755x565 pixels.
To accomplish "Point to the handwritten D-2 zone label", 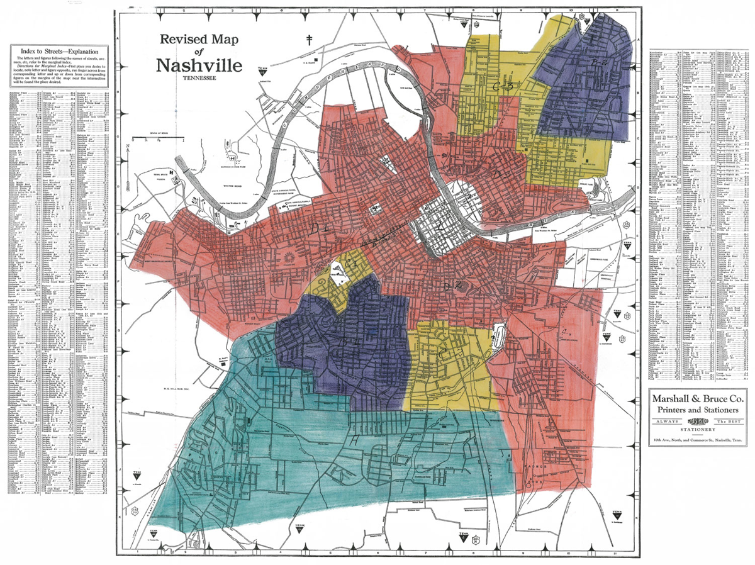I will tap(453, 286).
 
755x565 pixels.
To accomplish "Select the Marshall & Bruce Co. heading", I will tap(698, 399).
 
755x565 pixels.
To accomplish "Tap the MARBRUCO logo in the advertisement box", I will tap(698, 420).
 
